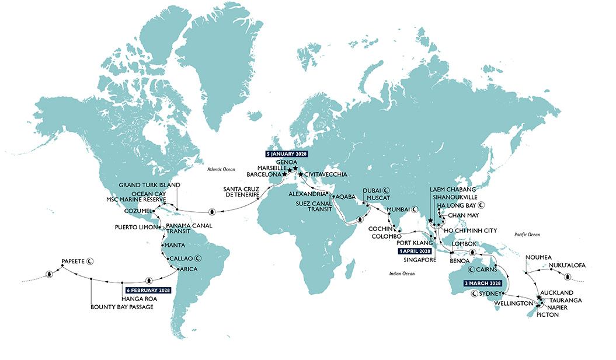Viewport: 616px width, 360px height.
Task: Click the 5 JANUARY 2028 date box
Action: point(286,155)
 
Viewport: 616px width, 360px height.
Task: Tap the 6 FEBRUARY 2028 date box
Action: point(148,290)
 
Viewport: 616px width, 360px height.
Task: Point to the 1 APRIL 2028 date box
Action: point(416,251)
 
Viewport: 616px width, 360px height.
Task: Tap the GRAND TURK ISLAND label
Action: point(149,185)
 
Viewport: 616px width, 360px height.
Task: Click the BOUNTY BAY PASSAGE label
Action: point(122,306)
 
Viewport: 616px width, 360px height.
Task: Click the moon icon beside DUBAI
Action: point(387,191)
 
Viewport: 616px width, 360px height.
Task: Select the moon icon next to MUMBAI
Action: point(415,209)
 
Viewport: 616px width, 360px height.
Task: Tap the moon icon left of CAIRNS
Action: point(470,270)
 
